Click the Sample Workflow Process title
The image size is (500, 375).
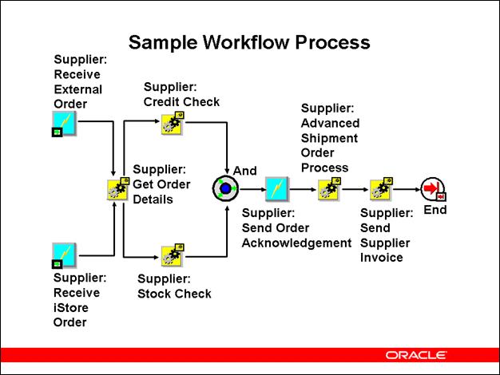249,41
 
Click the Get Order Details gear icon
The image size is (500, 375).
118,189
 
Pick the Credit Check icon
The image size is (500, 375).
172,123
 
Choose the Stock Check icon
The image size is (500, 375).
172,256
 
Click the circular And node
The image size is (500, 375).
225,189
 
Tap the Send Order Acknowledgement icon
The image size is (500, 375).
276,189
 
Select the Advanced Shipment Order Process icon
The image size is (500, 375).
329,189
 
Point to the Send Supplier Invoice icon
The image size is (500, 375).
381,189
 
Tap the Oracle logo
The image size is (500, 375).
415,354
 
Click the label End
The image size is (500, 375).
435,211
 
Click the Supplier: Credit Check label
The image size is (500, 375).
181,94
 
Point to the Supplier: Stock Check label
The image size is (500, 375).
174,286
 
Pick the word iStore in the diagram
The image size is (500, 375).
71,308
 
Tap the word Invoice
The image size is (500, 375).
382,258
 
